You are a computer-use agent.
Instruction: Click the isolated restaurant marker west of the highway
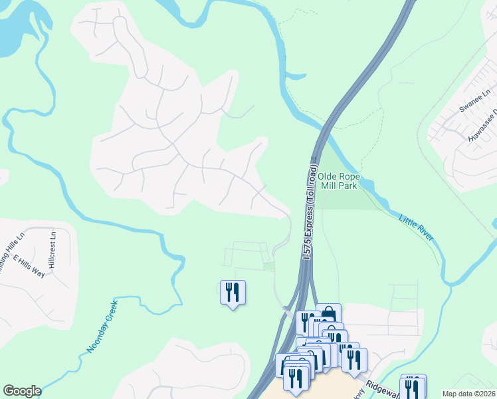[233, 293]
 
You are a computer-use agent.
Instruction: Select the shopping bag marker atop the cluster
[328, 315]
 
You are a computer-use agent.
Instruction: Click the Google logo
[22, 391]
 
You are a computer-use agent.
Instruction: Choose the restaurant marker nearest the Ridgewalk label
[354, 359]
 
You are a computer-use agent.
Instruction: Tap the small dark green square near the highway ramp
[268, 267]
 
